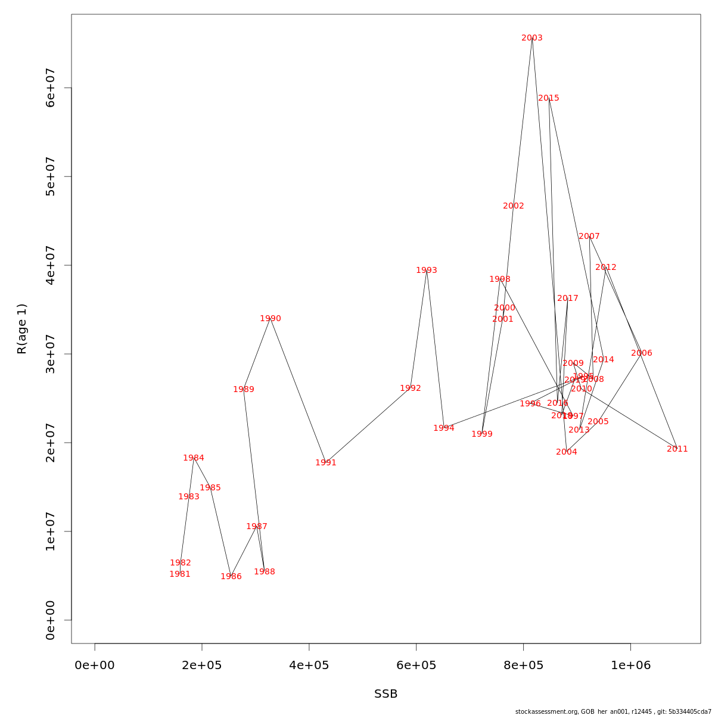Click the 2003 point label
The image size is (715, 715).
(532, 38)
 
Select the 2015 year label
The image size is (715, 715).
(549, 98)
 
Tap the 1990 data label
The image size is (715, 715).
(271, 319)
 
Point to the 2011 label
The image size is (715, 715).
(677, 449)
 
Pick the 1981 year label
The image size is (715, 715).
(180, 574)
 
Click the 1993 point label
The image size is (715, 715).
(427, 271)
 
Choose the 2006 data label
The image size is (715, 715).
(642, 353)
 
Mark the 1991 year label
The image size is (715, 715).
(326, 463)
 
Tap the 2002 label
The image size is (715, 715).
(514, 206)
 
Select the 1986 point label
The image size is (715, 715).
(231, 577)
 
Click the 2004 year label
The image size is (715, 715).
(567, 452)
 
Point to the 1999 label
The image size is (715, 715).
(482, 434)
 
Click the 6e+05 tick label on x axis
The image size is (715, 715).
(416, 665)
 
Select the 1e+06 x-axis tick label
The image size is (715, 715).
(630, 665)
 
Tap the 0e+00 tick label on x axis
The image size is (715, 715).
(95, 665)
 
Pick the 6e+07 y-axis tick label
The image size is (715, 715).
(51, 88)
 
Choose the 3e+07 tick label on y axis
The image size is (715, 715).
(51, 354)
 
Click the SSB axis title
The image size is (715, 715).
(386, 694)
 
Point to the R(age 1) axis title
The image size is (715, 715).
(22, 329)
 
